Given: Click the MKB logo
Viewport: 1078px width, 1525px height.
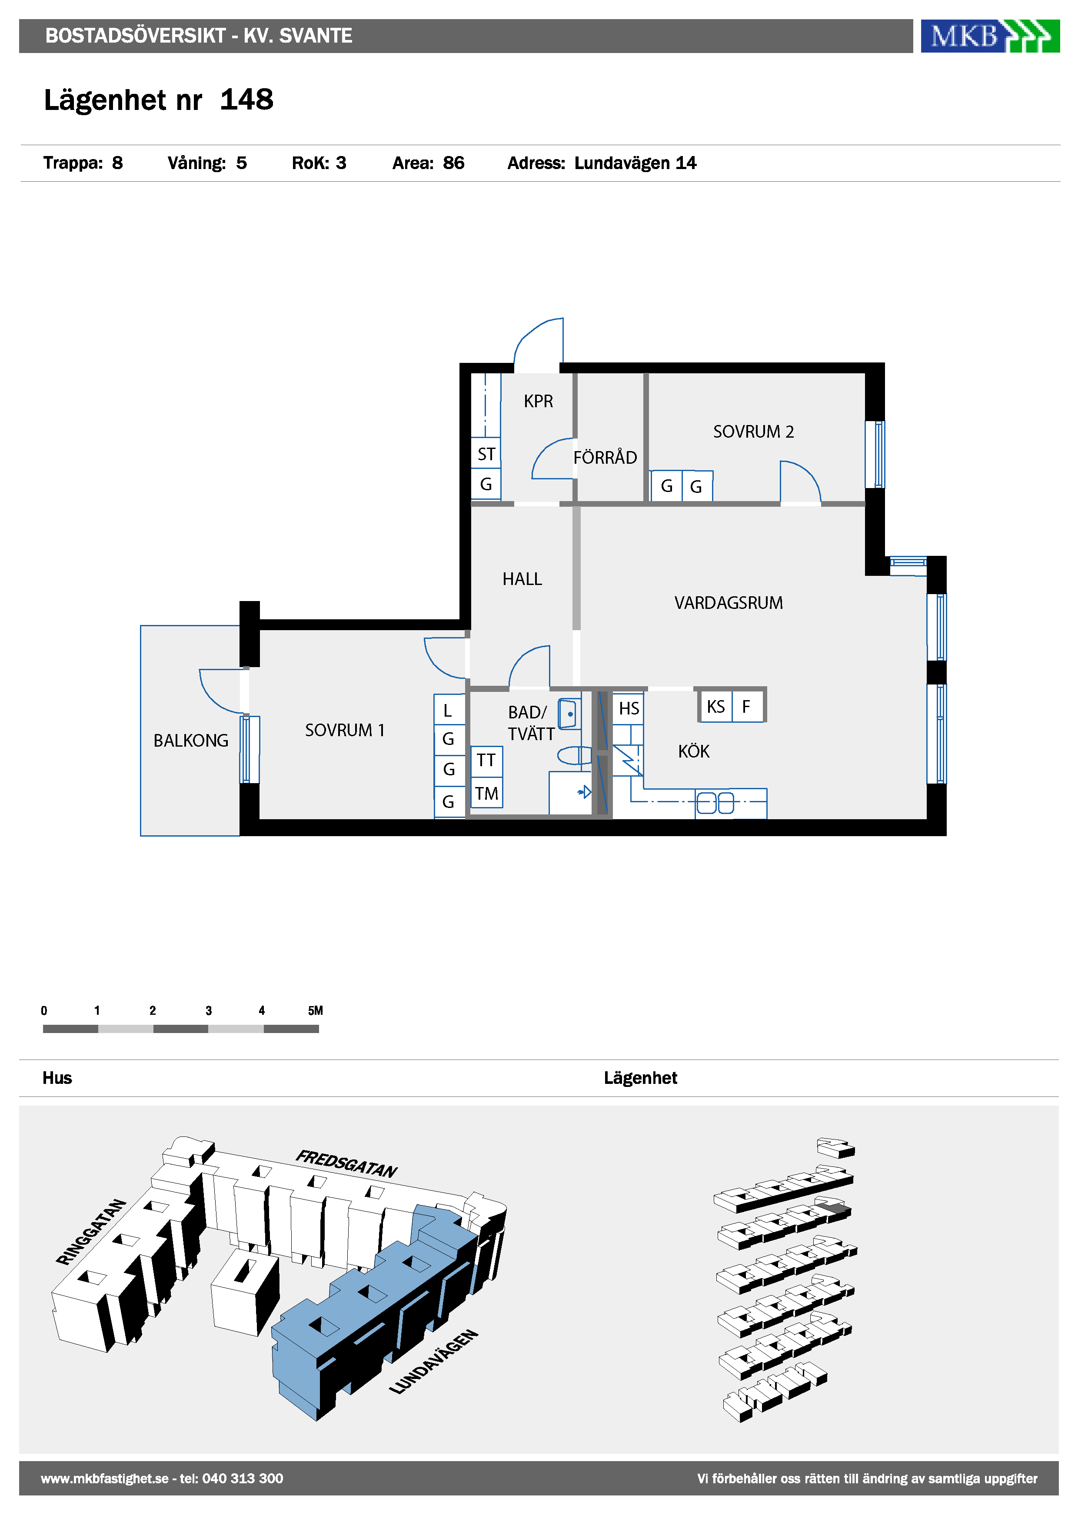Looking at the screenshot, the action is point(990,36).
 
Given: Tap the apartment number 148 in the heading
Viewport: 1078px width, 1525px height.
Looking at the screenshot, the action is point(246,100).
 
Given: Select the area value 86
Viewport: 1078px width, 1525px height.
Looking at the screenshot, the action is point(454,163).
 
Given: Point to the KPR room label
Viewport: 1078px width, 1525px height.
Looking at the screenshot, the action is point(538,401).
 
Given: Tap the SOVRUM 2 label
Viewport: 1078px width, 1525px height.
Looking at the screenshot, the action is point(753,432).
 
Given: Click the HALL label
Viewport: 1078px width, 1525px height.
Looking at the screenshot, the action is point(522,579).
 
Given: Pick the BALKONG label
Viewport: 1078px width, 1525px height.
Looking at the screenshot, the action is point(191,741).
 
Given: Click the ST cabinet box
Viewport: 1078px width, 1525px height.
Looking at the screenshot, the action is point(486,454).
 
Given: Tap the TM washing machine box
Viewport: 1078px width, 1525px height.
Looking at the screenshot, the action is point(486,793).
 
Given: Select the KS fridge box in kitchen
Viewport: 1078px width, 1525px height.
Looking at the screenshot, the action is point(716,706).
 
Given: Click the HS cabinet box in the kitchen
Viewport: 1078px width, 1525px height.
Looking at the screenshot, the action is point(629,708).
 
